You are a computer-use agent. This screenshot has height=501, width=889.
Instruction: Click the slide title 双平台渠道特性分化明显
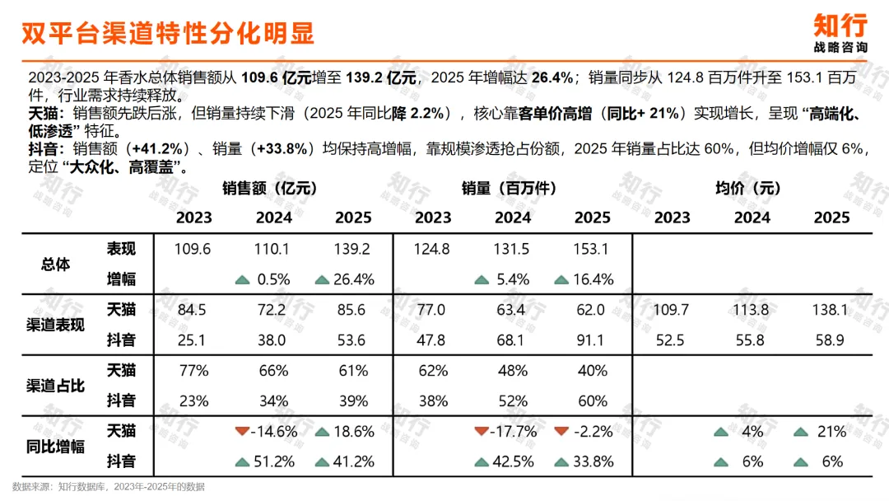tap(168, 33)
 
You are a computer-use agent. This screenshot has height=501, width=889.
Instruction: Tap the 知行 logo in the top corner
tap(840, 33)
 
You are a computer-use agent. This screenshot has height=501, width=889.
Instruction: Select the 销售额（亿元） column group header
tap(269, 188)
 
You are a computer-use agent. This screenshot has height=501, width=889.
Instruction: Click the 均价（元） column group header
tap(747, 188)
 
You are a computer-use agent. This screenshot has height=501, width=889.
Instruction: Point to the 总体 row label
tap(56, 264)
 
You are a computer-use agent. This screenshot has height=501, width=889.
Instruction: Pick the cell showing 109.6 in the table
tap(192, 249)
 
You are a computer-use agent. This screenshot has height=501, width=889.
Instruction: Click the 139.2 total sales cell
tap(352, 249)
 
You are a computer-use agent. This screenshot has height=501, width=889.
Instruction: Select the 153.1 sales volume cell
tap(591, 249)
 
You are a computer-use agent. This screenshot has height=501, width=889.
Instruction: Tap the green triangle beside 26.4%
tap(322, 279)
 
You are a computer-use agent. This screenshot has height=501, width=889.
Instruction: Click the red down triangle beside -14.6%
tap(242, 431)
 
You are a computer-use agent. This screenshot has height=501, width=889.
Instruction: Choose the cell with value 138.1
tap(830, 310)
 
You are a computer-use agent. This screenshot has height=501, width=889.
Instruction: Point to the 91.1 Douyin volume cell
tap(590, 340)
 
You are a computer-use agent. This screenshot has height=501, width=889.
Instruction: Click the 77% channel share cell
tap(194, 371)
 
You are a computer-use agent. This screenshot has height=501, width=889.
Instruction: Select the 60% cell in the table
tap(593, 401)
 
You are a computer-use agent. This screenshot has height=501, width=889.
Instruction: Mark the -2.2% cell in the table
tap(593, 432)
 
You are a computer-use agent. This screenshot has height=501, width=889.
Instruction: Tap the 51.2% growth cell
tap(274, 461)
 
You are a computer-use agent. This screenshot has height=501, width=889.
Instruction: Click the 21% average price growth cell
tap(831, 432)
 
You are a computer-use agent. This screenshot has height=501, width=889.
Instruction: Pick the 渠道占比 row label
tap(56, 386)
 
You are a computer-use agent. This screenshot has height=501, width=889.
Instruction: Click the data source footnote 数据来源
tap(109, 487)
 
